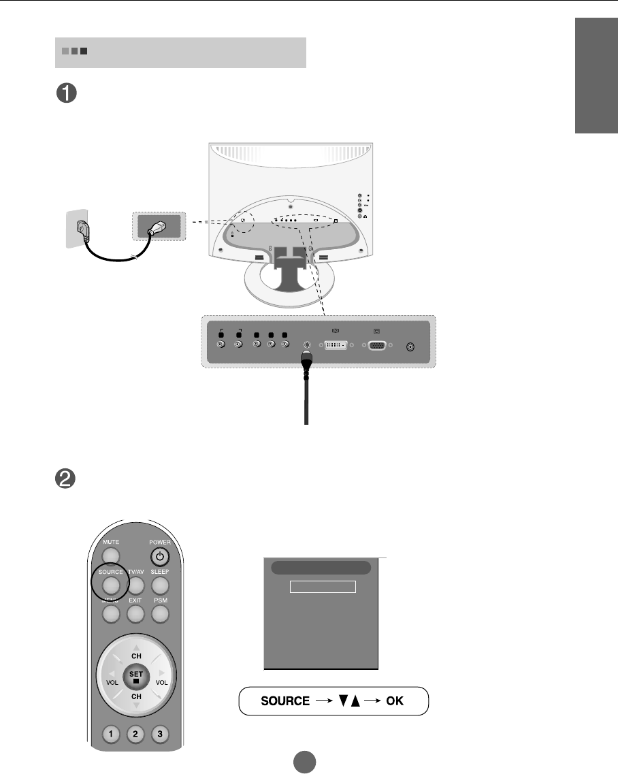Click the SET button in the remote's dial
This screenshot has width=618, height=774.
[136, 677]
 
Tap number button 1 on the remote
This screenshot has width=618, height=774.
[112, 735]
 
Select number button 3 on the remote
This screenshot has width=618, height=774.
[161, 735]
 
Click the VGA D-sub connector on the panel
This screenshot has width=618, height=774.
[377, 346]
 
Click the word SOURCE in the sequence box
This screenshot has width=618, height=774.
[285, 701]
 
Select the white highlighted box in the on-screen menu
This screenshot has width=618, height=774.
[323, 587]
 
